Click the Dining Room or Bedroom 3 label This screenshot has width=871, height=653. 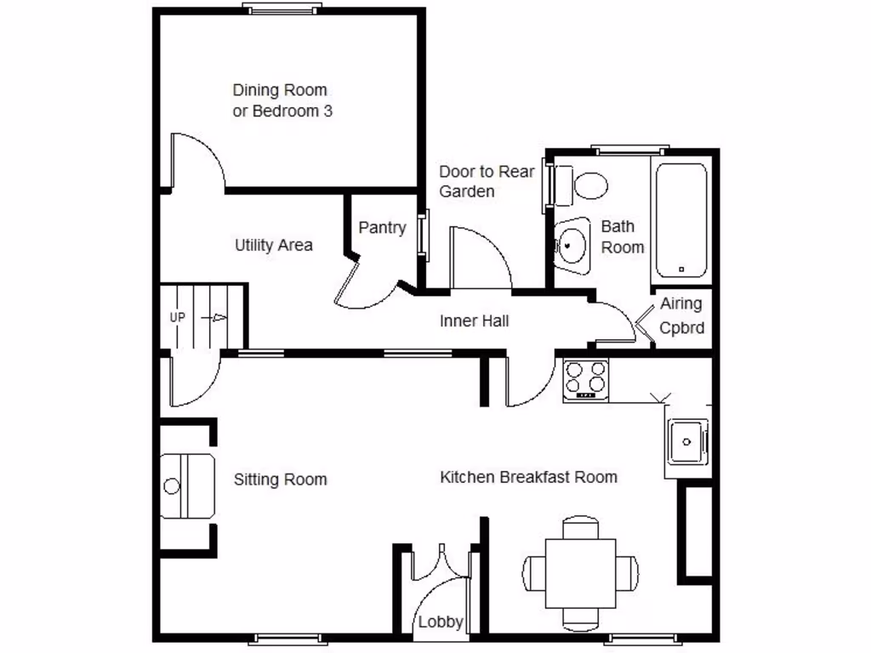tap(281, 100)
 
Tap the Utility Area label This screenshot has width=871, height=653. tap(273, 246)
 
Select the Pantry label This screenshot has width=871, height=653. tap(382, 228)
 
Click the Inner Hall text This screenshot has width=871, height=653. tap(474, 321)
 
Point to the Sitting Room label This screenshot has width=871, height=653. tap(280, 480)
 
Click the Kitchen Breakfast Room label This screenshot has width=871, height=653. tap(528, 477)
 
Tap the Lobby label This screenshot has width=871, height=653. tap(440, 622)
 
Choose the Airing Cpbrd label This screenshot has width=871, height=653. tap(682, 316)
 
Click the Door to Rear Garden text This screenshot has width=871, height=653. tap(487, 181)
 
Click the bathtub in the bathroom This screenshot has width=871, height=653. tap(680, 220)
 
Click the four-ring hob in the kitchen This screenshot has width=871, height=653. tap(586, 380)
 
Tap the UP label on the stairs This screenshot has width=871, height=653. tap(178, 318)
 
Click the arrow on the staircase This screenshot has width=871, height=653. tap(217, 318)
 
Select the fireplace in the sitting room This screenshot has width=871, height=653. tap(186, 486)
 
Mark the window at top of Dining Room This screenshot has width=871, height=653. tap(282, 9)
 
